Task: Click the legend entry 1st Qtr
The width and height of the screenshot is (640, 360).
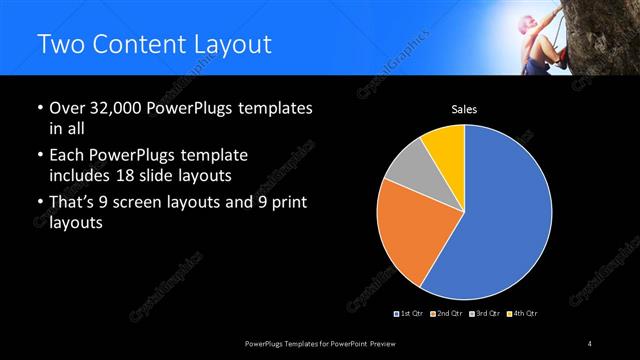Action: click(411, 314)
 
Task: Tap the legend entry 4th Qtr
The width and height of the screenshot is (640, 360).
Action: click(525, 314)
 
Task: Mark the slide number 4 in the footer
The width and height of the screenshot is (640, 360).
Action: click(591, 344)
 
